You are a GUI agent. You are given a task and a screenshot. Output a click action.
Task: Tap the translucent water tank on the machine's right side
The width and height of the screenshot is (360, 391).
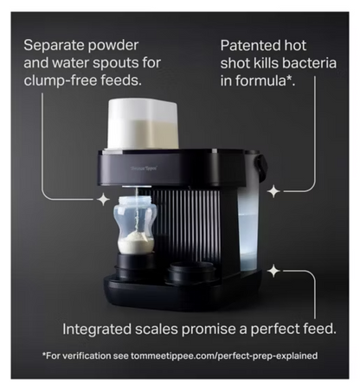254,216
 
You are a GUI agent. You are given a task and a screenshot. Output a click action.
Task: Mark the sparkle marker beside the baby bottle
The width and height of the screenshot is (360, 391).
103,199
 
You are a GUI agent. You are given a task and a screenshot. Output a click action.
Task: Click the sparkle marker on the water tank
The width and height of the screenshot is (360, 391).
273,189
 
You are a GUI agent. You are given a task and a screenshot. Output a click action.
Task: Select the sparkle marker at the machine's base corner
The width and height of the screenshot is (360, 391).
273,271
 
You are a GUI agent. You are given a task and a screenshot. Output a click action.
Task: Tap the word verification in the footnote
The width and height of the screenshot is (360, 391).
84,356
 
